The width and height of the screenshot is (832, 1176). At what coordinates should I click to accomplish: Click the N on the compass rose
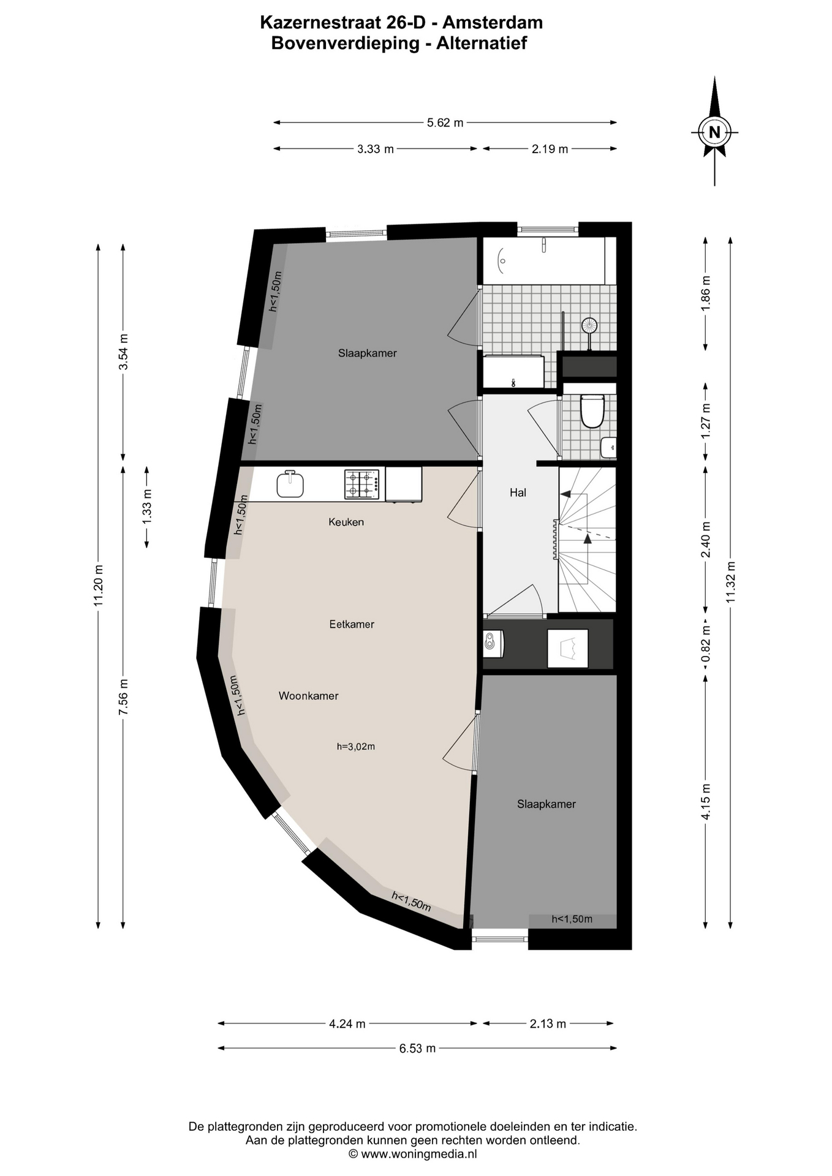coord(714,132)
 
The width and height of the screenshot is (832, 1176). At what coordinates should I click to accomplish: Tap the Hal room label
coord(518,492)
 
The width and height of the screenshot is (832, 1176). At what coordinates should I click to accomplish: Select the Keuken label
coord(346,522)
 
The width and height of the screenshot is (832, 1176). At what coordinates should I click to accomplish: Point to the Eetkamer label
coord(352,624)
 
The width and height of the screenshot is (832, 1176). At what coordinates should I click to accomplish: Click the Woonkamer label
coord(308,696)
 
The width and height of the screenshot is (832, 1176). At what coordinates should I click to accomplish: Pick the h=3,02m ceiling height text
coord(356,746)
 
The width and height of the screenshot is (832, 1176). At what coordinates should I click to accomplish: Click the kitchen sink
coord(290,484)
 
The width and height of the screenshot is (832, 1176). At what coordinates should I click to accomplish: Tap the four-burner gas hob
coord(362,484)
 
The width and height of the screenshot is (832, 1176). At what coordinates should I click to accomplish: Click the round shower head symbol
coord(589,325)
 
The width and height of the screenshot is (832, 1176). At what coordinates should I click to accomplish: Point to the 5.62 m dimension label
coord(445,123)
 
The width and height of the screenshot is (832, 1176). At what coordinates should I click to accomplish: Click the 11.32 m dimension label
coord(730,582)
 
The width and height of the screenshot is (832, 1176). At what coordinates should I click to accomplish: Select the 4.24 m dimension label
coord(347,1023)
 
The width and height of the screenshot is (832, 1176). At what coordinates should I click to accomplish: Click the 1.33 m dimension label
coord(147,507)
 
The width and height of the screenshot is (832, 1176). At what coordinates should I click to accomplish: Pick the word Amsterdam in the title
coord(493,23)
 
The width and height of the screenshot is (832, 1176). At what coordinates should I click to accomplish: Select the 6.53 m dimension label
coord(417,1048)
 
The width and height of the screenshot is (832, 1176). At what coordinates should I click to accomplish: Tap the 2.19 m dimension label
coord(550,149)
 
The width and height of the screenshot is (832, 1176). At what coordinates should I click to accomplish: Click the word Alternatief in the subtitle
coord(482,43)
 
